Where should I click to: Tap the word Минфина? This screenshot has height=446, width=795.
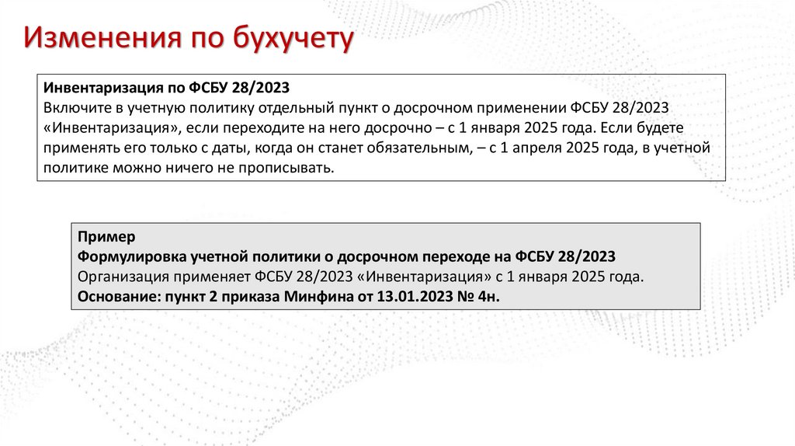[314, 297]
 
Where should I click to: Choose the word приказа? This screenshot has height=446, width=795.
[251, 297]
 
